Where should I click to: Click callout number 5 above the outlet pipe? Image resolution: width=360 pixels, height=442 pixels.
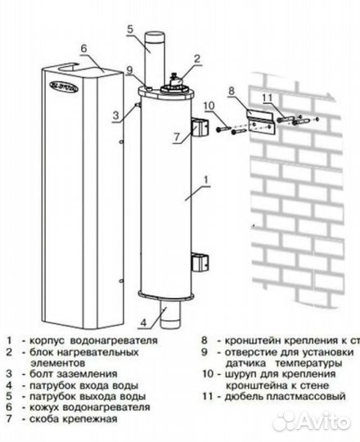(x=128, y=29)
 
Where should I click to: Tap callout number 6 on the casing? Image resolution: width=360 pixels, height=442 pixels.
(x=83, y=48)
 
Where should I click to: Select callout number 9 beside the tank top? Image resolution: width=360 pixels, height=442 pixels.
(x=129, y=68)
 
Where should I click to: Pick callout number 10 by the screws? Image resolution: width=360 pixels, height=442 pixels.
(x=208, y=106)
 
